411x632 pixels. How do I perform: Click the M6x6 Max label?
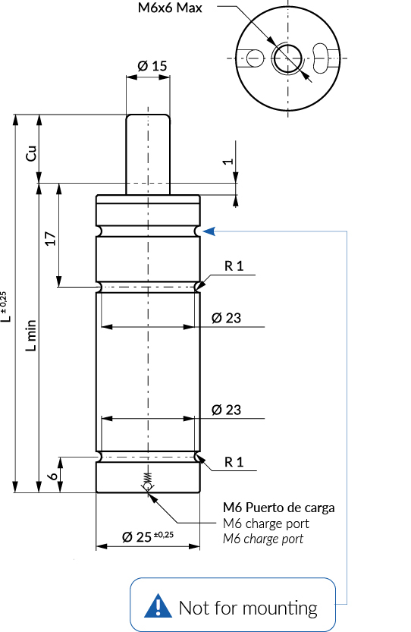pyautogui.click(x=170, y=8)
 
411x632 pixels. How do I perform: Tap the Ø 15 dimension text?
pyautogui.click(x=152, y=66)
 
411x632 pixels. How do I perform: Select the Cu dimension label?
pyautogui.click(x=31, y=153)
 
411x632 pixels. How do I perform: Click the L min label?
pyautogui.click(x=31, y=336)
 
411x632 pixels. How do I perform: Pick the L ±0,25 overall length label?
pyautogui.click(x=5, y=307)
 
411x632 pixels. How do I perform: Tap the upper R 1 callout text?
pyautogui.click(x=234, y=266)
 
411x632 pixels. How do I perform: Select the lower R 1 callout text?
pyautogui.click(x=234, y=462)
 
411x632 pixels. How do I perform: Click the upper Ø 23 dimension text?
pyautogui.click(x=226, y=318)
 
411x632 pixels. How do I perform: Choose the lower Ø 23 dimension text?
pyautogui.click(x=226, y=410)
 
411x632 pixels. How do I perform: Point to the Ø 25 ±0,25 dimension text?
pyautogui.click(x=147, y=536)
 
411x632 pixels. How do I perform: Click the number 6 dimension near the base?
pyautogui.click(x=53, y=476)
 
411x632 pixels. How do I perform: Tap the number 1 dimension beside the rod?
pyautogui.click(x=228, y=161)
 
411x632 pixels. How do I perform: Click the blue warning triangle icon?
pyautogui.click(x=158, y=605)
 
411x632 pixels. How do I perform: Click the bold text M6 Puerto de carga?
pyautogui.click(x=279, y=508)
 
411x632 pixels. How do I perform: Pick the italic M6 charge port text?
pyautogui.click(x=263, y=539)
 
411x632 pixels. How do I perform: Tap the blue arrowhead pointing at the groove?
pyautogui.click(x=209, y=231)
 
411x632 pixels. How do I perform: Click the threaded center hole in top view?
pyautogui.click(x=287, y=59)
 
